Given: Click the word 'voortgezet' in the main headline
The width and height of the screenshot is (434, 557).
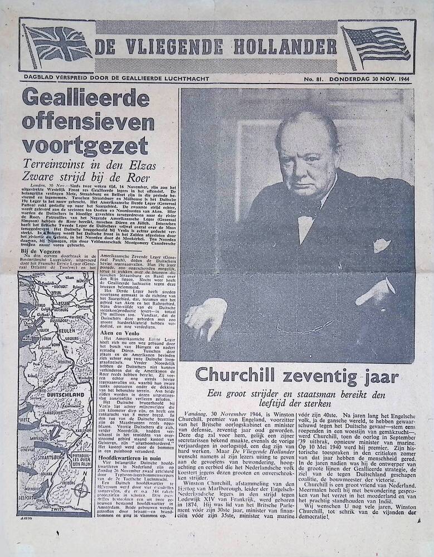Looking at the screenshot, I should click(x=85, y=145).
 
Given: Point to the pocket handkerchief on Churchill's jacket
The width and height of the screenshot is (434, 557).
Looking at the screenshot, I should click(x=381, y=244).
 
